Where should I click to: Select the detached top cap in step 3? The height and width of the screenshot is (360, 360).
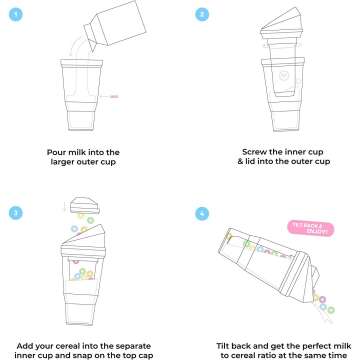click(x=85, y=204)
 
